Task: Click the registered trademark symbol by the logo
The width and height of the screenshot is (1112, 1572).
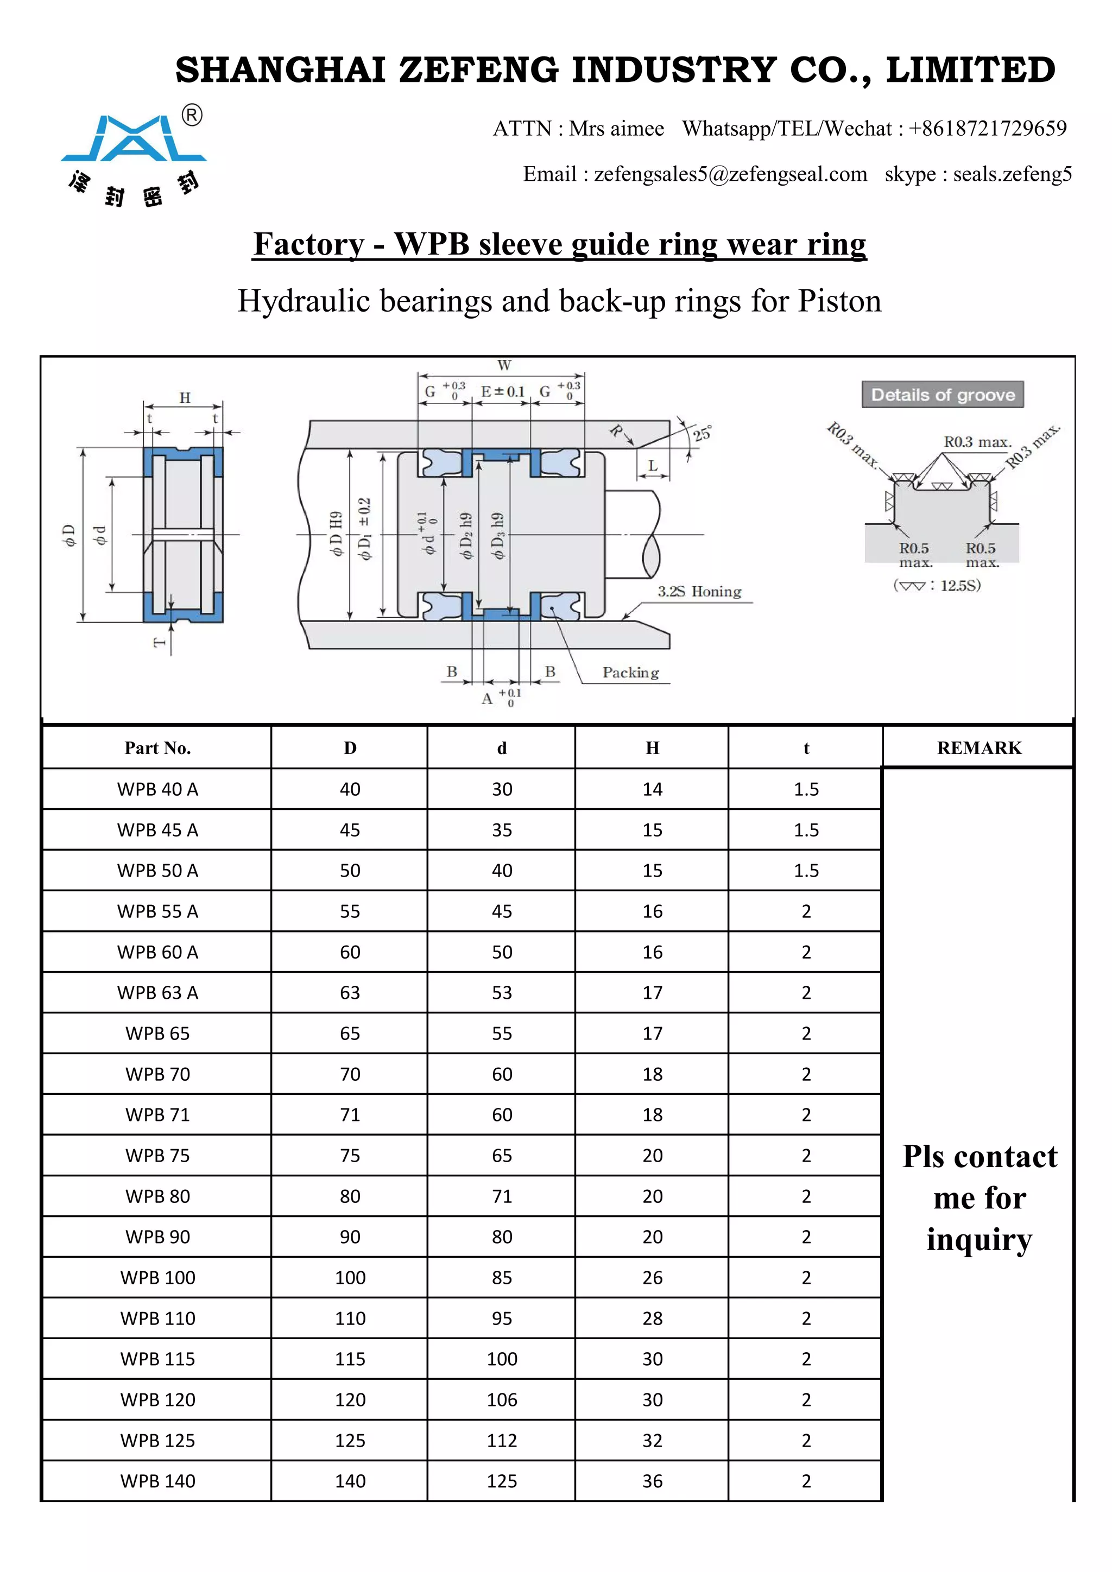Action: point(192,115)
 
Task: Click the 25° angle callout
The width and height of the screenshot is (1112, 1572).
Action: point(703,433)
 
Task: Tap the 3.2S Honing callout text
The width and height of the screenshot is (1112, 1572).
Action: point(699,591)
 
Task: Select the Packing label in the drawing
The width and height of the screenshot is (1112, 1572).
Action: point(630,673)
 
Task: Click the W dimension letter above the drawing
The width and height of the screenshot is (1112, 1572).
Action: point(504,365)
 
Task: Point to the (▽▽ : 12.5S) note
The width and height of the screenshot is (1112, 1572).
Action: point(937,585)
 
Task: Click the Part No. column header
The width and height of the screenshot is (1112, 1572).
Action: point(157,747)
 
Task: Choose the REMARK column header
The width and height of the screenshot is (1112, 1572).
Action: point(978,747)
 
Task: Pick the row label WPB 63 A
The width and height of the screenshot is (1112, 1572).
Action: point(157,993)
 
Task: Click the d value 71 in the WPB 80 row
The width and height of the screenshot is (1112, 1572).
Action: point(502,1196)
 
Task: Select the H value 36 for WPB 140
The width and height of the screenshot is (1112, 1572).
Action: point(652,1481)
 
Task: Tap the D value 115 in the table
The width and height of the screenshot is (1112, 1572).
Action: point(350,1359)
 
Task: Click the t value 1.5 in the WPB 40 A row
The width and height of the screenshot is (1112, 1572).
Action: point(806,789)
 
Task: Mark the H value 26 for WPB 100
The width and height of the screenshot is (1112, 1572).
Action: point(652,1278)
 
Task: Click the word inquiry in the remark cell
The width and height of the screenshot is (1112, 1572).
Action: point(978,1239)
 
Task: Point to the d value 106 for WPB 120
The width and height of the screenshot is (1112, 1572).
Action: point(502,1399)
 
